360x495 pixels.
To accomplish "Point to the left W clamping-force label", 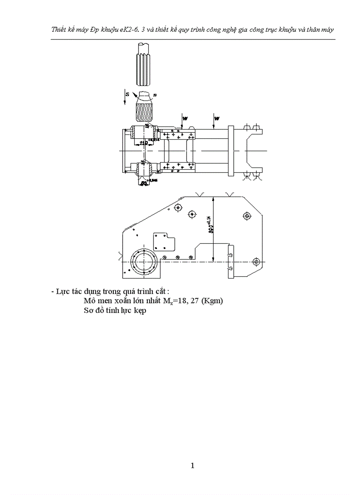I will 185,118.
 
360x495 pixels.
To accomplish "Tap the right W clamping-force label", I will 217,118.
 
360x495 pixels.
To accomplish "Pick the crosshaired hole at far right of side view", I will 255,262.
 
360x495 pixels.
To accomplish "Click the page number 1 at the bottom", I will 192,465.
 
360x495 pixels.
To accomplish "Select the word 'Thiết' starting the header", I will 59,29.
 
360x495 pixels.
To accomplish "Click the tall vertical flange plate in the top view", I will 230,151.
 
